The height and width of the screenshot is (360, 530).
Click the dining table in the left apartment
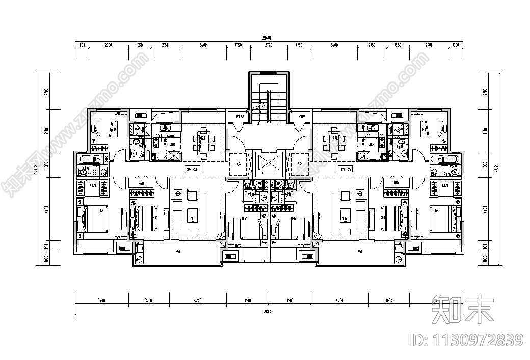[x=203, y=143]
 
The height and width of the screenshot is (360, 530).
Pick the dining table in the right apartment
[x=335, y=143]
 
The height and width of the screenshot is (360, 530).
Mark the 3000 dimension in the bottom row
[x=148, y=301]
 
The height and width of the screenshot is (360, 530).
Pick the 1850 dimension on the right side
[x=486, y=165]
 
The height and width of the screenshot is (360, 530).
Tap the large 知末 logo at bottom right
[x=462, y=309]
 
